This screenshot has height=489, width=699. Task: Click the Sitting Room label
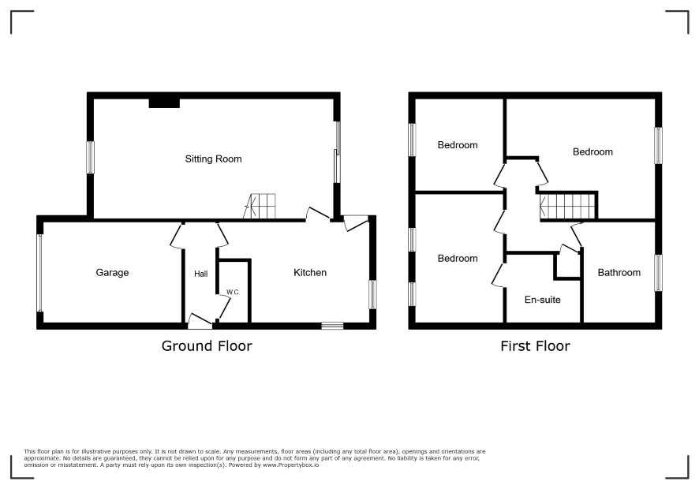pos(213,159)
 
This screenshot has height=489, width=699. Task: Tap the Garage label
pos(112,272)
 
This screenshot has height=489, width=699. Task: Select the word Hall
pos(200,274)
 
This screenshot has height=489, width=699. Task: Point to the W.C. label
pos(234,292)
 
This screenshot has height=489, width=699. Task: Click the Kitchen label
pos(310,272)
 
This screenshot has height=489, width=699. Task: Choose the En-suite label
pos(543,300)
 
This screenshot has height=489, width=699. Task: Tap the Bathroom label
pos(619,272)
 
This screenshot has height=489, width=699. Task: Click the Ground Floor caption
pos(207,346)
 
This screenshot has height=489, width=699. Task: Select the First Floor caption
pos(535,346)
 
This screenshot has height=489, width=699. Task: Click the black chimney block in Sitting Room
pos(164,103)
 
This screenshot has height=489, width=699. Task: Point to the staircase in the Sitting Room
pos(260,206)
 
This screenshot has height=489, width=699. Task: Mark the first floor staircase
pos(567,206)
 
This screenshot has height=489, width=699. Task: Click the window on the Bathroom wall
pos(658,272)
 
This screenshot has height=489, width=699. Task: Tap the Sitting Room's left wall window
pos(90,157)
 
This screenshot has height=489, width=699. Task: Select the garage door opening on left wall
pos(39,273)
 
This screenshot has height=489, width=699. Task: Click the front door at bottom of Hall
pos(200,321)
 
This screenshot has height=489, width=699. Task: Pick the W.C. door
pos(223,306)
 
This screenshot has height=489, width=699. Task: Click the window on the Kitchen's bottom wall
pos(333,326)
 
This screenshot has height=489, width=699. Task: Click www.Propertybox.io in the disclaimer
pos(290,465)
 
